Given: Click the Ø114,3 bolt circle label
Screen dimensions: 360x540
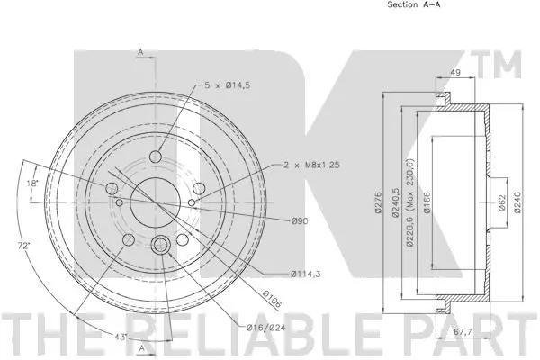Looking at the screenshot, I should click(x=306, y=274).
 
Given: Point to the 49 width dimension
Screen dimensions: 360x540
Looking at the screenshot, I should click(x=455, y=76).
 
